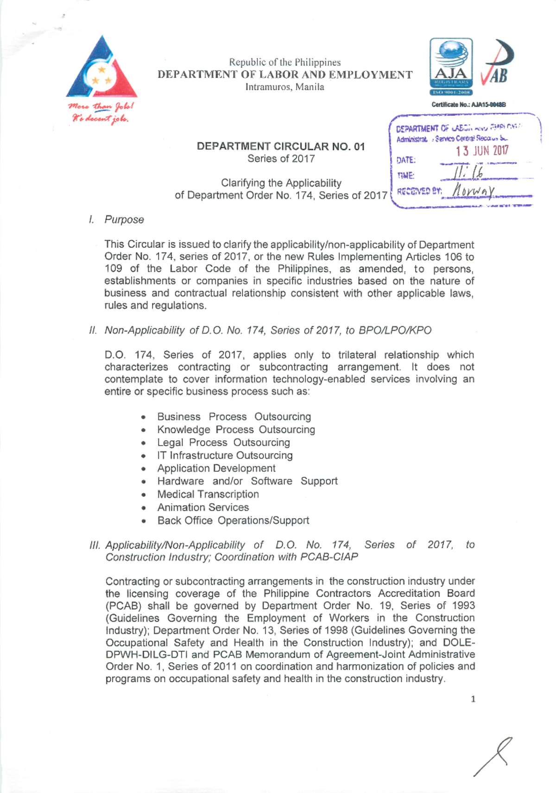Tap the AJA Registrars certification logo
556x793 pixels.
pyautogui.click(x=451, y=67)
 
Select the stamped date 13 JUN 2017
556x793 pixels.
pyautogui.click(x=482, y=151)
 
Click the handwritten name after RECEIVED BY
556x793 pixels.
pyautogui.click(x=473, y=190)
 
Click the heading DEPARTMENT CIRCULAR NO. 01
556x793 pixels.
pyautogui.click(x=281, y=146)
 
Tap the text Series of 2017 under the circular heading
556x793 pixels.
pyautogui.click(x=281, y=159)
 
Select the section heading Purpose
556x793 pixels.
pyautogui.click(x=124, y=220)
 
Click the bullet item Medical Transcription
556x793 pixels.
pyautogui.click(x=208, y=494)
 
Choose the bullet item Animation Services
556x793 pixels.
pyautogui.click(x=203, y=507)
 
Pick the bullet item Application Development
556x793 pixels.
pyautogui.click(x=216, y=468)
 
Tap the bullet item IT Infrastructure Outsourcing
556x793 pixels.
pyautogui.click(x=225, y=455)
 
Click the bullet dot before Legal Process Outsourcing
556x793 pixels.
pyautogui.click(x=144, y=444)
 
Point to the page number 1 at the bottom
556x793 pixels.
pyautogui.click(x=473, y=699)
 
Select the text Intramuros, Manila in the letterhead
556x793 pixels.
pyautogui.click(x=284, y=87)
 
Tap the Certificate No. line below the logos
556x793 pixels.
pyautogui.click(x=468, y=105)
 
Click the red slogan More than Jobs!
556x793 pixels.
pyautogui.click(x=101, y=106)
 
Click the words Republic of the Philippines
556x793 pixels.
pyautogui.click(x=284, y=62)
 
